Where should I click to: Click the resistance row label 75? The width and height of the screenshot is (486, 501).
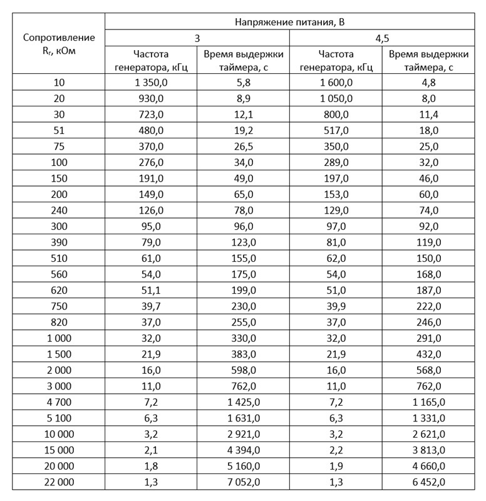click(59, 147)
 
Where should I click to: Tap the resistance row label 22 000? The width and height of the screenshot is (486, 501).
click(59, 482)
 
